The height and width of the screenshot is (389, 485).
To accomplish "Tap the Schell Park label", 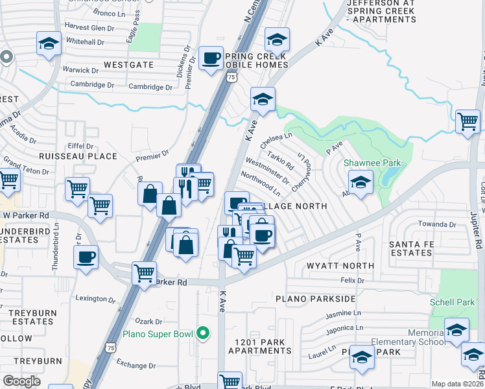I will (451, 303).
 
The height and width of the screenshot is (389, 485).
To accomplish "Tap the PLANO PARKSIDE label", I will (315, 299).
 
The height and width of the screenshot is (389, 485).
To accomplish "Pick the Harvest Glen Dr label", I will (89, 26).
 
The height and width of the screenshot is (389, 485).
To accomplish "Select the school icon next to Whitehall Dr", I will (49, 44).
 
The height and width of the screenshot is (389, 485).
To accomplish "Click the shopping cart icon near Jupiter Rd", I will (467, 121).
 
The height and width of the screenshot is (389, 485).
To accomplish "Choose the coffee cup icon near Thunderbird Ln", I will (86, 257).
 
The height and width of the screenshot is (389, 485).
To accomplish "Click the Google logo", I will (21, 381).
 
